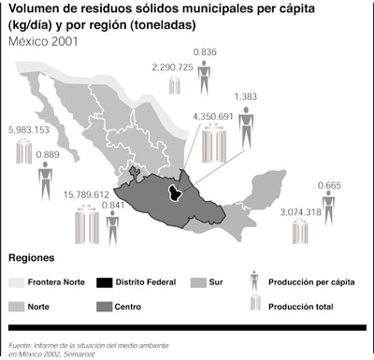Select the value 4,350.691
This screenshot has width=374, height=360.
pyautogui.click(x=212, y=116)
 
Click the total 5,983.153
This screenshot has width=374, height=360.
pyautogui.click(x=27, y=130)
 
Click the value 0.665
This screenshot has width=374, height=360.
pyautogui.click(x=329, y=186)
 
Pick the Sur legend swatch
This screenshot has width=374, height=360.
pyautogui.click(x=199, y=281)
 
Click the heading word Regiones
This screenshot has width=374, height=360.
pyautogui.click(x=31, y=257)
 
